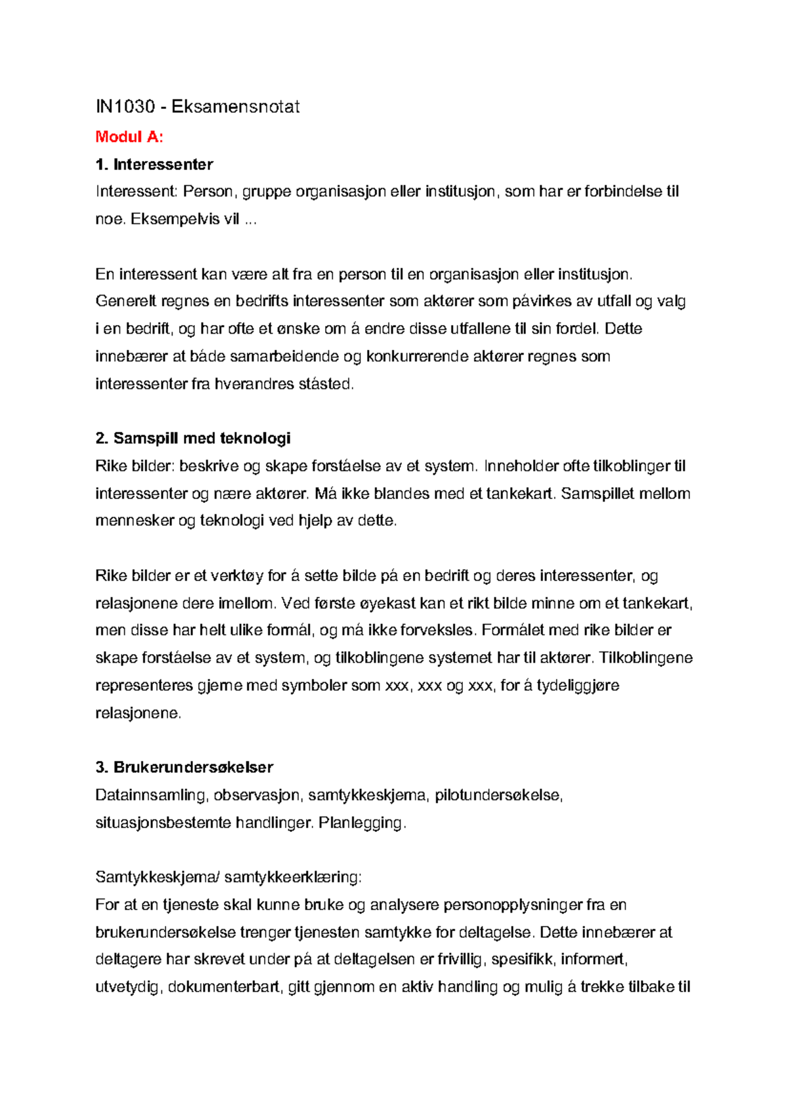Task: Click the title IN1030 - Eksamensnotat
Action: [197, 106]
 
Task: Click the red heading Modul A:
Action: [129, 137]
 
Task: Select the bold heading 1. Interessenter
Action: [154, 164]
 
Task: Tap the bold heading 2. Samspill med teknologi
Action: [193, 438]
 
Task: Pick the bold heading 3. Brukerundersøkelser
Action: [184, 767]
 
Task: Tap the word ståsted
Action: [326, 384]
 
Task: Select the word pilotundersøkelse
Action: [498, 795]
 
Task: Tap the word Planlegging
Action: [362, 823]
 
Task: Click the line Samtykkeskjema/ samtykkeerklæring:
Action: [229, 877]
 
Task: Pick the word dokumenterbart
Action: [225, 987]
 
